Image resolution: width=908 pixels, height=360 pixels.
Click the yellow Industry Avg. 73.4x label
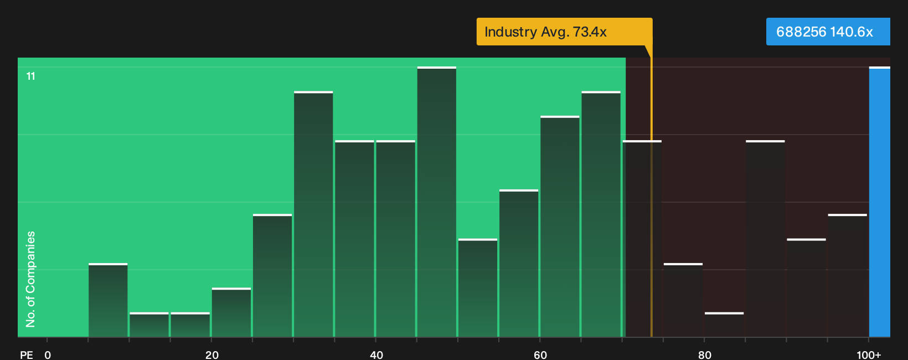click(564, 32)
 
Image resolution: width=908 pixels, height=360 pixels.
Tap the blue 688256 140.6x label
click(828, 32)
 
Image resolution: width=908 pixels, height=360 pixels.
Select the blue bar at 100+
click(880, 202)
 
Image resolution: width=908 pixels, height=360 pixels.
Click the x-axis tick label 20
click(211, 354)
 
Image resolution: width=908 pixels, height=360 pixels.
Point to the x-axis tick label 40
click(376, 354)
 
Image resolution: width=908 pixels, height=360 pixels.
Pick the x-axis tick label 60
click(540, 354)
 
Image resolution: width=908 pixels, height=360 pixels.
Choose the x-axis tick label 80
click(704, 354)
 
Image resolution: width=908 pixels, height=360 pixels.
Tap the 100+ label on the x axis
click(869, 354)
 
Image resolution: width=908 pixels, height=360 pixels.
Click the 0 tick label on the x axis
click(48, 354)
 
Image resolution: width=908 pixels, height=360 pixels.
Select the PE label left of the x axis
click(27, 354)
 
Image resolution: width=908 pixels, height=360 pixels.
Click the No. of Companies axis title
click(30, 279)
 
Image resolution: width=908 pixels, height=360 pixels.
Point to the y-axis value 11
click(31, 76)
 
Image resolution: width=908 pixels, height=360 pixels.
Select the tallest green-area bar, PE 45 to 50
click(437, 202)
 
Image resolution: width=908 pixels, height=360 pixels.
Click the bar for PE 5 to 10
click(108, 300)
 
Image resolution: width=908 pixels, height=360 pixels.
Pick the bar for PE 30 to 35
click(313, 214)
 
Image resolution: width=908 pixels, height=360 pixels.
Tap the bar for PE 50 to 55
click(477, 288)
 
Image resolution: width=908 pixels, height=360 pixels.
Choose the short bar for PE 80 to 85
click(724, 325)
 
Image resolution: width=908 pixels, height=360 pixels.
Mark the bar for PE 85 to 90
click(765, 239)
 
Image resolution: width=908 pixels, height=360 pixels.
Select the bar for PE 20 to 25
click(231, 312)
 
